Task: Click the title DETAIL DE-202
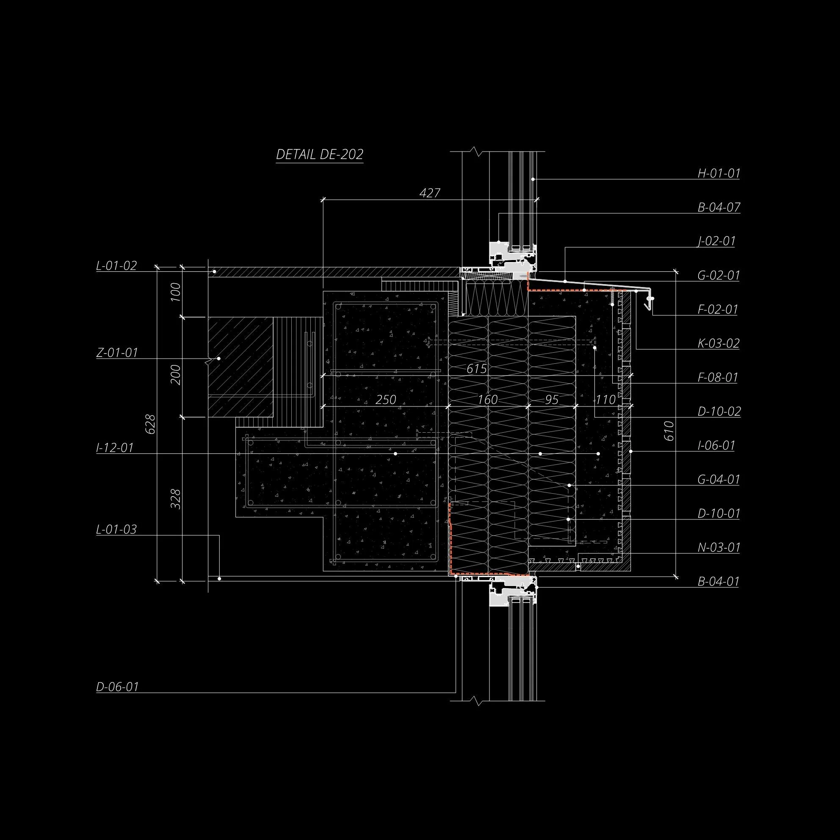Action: tap(320, 155)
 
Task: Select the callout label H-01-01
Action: tap(718, 174)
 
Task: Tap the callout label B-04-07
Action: tap(718, 207)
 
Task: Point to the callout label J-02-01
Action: tap(716, 241)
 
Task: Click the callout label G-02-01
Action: tap(718, 275)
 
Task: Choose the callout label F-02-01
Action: tap(718, 309)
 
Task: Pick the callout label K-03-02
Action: tap(718, 343)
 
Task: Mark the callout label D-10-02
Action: tap(719, 411)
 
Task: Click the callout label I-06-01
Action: tap(716, 445)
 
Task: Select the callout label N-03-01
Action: tap(718, 547)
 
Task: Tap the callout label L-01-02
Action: tap(116, 265)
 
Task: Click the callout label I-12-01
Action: tap(115, 448)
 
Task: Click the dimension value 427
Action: tap(430, 193)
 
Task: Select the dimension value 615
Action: tap(476, 369)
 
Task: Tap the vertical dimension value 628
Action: tap(150, 424)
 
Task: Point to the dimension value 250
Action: tap(385, 400)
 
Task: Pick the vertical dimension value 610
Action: tap(669, 431)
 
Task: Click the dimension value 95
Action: tap(551, 400)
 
